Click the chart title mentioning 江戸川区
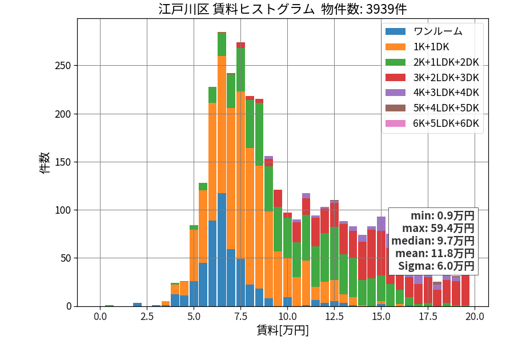[283, 9]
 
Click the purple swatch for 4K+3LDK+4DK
[395, 93]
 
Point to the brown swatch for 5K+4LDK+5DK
[395, 108]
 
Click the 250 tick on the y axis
[63, 66]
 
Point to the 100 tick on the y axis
[63, 210]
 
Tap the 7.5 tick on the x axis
[240, 317]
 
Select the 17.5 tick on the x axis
[428, 317]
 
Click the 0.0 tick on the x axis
[100, 317]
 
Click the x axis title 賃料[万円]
[283, 330]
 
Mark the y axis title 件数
[45, 163]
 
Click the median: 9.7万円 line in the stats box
[433, 241]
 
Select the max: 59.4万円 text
[438, 228]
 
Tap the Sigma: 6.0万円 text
[436, 266]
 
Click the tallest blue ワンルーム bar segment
[222, 250]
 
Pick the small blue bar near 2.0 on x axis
[137, 305]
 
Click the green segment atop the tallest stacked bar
[222, 44]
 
